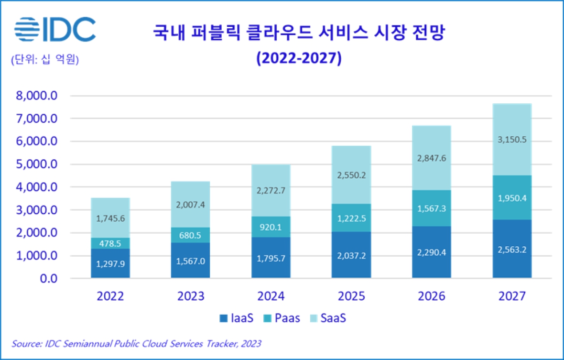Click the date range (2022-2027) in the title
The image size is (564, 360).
tap(299, 58)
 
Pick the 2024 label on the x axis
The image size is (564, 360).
tap(271, 296)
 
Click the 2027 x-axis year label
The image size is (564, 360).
tap(511, 296)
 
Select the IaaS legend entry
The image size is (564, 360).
tap(237, 318)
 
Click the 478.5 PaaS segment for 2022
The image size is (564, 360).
tap(110, 243)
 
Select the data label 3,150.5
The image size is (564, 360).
tap(511, 140)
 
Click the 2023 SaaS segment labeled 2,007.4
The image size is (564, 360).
tap(190, 204)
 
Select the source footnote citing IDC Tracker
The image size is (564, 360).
tap(136, 344)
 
